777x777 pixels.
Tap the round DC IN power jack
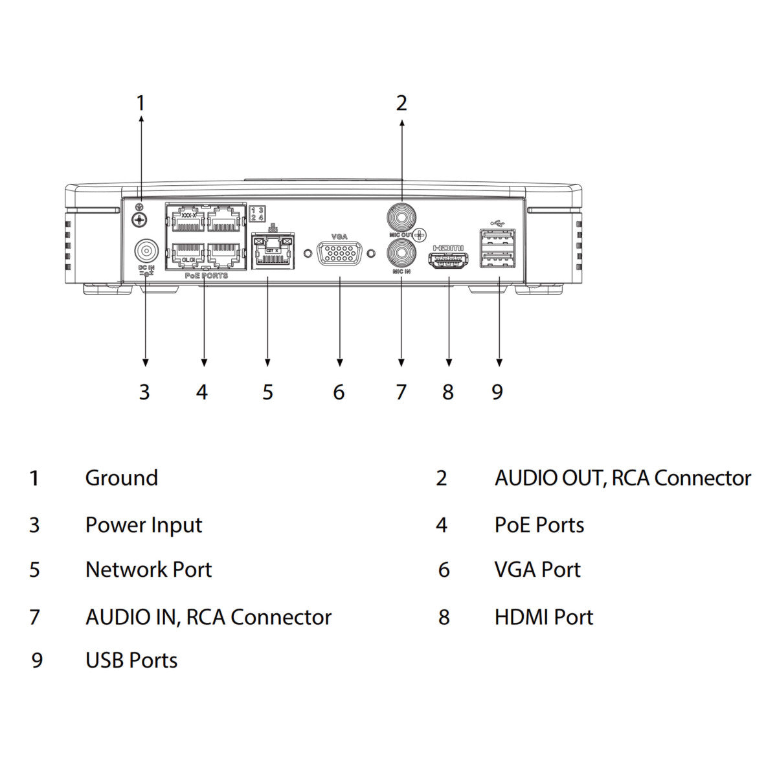click(146, 251)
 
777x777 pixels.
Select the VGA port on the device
click(339, 254)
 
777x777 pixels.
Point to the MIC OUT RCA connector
click(401, 216)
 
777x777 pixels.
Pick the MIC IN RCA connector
click(401, 253)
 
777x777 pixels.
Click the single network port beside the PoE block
click(269, 253)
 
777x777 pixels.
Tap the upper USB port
click(497, 238)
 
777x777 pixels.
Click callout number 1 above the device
click(141, 103)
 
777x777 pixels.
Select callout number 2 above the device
click(401, 103)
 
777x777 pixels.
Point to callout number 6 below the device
click(339, 392)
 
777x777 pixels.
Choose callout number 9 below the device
click(497, 392)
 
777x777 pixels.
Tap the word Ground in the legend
click(122, 478)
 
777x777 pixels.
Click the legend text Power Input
click(144, 525)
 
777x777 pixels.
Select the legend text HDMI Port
click(543, 617)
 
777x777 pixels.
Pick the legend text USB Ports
click(131, 660)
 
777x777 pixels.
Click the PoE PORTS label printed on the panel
click(206, 276)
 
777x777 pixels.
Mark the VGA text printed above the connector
click(339, 237)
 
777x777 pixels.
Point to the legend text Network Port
click(148, 570)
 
